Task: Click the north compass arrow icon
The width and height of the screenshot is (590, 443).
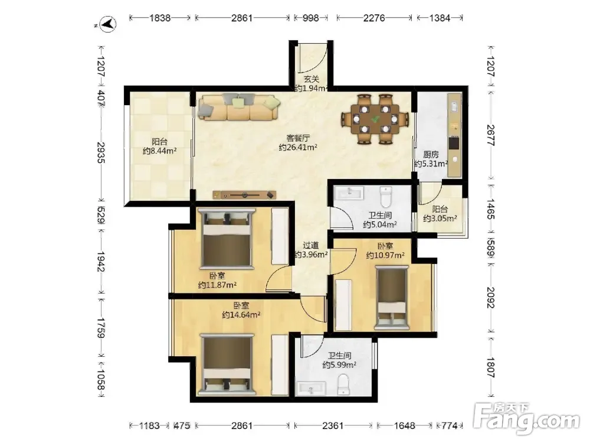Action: point(109,24)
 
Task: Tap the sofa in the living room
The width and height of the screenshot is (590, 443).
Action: point(239,107)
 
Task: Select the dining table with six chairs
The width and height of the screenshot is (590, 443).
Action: point(375,119)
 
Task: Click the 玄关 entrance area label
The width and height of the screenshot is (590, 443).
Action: point(312,79)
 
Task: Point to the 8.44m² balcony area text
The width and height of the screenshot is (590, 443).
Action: point(159,151)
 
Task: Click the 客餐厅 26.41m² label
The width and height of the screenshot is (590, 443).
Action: point(297,142)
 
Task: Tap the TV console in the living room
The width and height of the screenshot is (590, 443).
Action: point(244,195)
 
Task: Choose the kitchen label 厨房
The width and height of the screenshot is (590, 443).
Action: point(431,154)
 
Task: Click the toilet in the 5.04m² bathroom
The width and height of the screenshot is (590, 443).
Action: point(386,196)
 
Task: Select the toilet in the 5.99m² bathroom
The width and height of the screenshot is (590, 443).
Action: point(343,385)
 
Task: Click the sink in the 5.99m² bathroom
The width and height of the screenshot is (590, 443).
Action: point(311,389)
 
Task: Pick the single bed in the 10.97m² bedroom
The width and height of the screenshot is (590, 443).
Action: point(392,298)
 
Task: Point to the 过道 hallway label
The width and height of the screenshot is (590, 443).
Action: point(311,246)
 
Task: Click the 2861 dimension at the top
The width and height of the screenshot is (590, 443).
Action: point(241,18)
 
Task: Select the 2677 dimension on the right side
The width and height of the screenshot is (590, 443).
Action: point(490,135)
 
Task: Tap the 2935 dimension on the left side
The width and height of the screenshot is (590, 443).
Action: point(101,152)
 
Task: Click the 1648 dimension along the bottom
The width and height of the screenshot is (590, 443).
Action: point(405,426)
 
